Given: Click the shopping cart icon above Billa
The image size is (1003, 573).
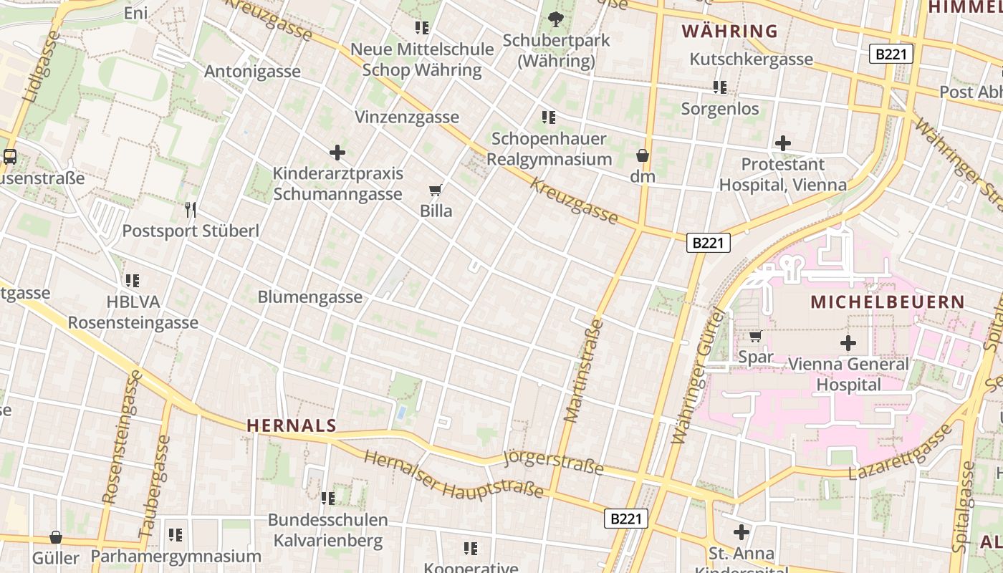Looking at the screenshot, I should pyautogui.click(x=435, y=191).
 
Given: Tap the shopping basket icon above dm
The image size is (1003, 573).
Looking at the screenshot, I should pyautogui.click(x=643, y=155).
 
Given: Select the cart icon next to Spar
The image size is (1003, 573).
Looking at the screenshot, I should pyautogui.click(x=755, y=336).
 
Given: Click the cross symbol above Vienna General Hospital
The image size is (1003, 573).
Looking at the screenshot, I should pyautogui.click(x=848, y=343).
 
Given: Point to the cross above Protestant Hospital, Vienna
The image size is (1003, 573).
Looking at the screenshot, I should pyautogui.click(x=783, y=143).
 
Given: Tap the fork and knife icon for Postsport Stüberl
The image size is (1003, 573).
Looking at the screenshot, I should pyautogui.click(x=191, y=209).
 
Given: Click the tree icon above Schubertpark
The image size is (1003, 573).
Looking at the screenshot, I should pyautogui.click(x=555, y=19).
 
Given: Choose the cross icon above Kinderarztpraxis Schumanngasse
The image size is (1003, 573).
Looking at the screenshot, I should pyautogui.click(x=337, y=153).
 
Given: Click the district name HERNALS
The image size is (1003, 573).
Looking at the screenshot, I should pyautogui.click(x=292, y=425).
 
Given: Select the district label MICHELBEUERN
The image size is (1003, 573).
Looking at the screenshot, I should pyautogui.click(x=888, y=302).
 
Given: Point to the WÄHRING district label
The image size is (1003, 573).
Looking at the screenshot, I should pyautogui.click(x=729, y=32).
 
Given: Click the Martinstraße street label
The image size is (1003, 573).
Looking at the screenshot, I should pyautogui.click(x=584, y=370).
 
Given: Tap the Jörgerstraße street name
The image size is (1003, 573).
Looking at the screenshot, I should pyautogui.click(x=554, y=461).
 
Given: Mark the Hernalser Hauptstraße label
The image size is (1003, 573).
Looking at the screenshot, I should pyautogui.click(x=453, y=475).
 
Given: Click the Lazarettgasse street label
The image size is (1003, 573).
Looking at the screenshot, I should pyautogui.click(x=901, y=453).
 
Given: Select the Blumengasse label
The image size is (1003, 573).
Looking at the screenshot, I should pyautogui.click(x=309, y=297).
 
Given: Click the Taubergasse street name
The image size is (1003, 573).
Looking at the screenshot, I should pyautogui.click(x=155, y=486).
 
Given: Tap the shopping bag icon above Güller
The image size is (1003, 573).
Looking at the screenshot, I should pyautogui.click(x=56, y=537).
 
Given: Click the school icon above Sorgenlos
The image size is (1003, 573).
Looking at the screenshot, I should pyautogui.click(x=719, y=88).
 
